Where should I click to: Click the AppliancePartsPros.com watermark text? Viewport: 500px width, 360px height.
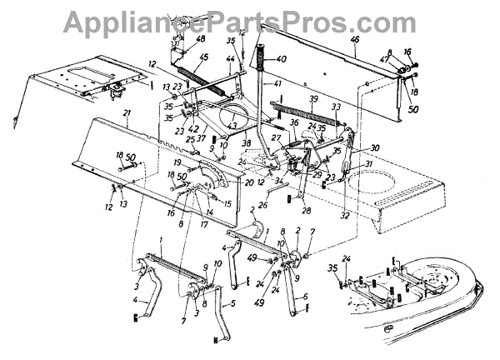[250, 18]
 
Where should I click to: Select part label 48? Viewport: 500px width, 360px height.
[200, 38]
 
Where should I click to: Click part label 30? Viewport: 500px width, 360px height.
[375, 147]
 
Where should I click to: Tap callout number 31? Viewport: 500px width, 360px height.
[369, 163]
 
